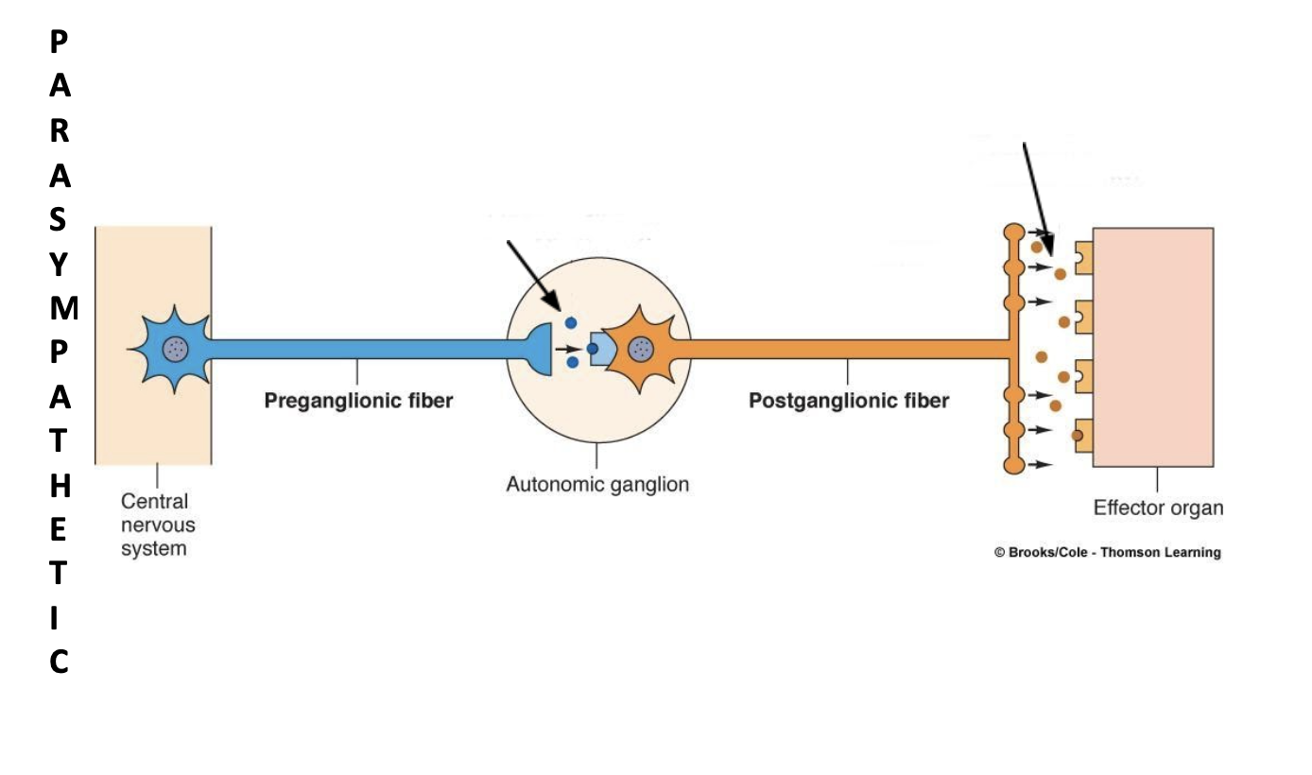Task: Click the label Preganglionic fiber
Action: click(x=358, y=401)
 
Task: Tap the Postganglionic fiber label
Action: click(x=849, y=401)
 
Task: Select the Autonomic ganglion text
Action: click(x=597, y=485)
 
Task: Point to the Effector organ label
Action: click(x=1158, y=508)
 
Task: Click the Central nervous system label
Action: click(x=154, y=525)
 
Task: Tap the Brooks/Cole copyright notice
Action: click(x=1107, y=553)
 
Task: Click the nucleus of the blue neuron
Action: click(x=175, y=349)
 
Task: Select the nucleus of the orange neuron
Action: click(x=641, y=349)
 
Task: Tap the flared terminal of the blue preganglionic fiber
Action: click(x=541, y=349)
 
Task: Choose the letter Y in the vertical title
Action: click(x=59, y=266)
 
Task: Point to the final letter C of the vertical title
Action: click(x=59, y=663)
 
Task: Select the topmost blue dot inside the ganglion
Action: click(x=571, y=323)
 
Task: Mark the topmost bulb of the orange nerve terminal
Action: click(x=1013, y=232)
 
